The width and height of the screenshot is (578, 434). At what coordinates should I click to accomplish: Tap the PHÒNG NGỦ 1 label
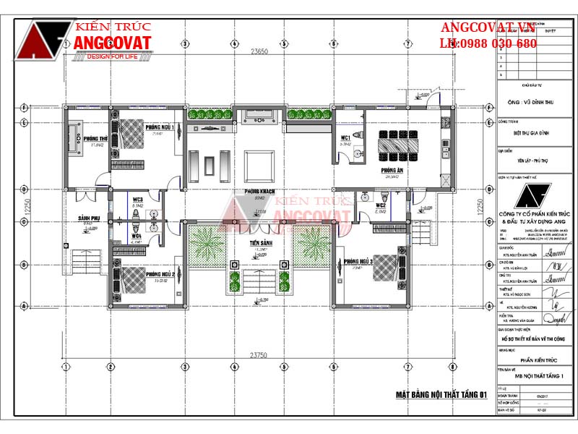point(159,127)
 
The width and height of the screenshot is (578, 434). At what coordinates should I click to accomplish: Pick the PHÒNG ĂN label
point(392,170)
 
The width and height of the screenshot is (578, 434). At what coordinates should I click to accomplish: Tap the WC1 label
point(345,137)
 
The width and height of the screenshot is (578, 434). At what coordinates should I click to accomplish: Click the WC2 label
point(380,205)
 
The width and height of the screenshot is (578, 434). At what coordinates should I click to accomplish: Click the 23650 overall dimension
point(259,51)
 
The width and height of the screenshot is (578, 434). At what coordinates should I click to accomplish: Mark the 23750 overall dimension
point(259,355)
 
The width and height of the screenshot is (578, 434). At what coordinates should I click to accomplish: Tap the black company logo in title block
point(535,196)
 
